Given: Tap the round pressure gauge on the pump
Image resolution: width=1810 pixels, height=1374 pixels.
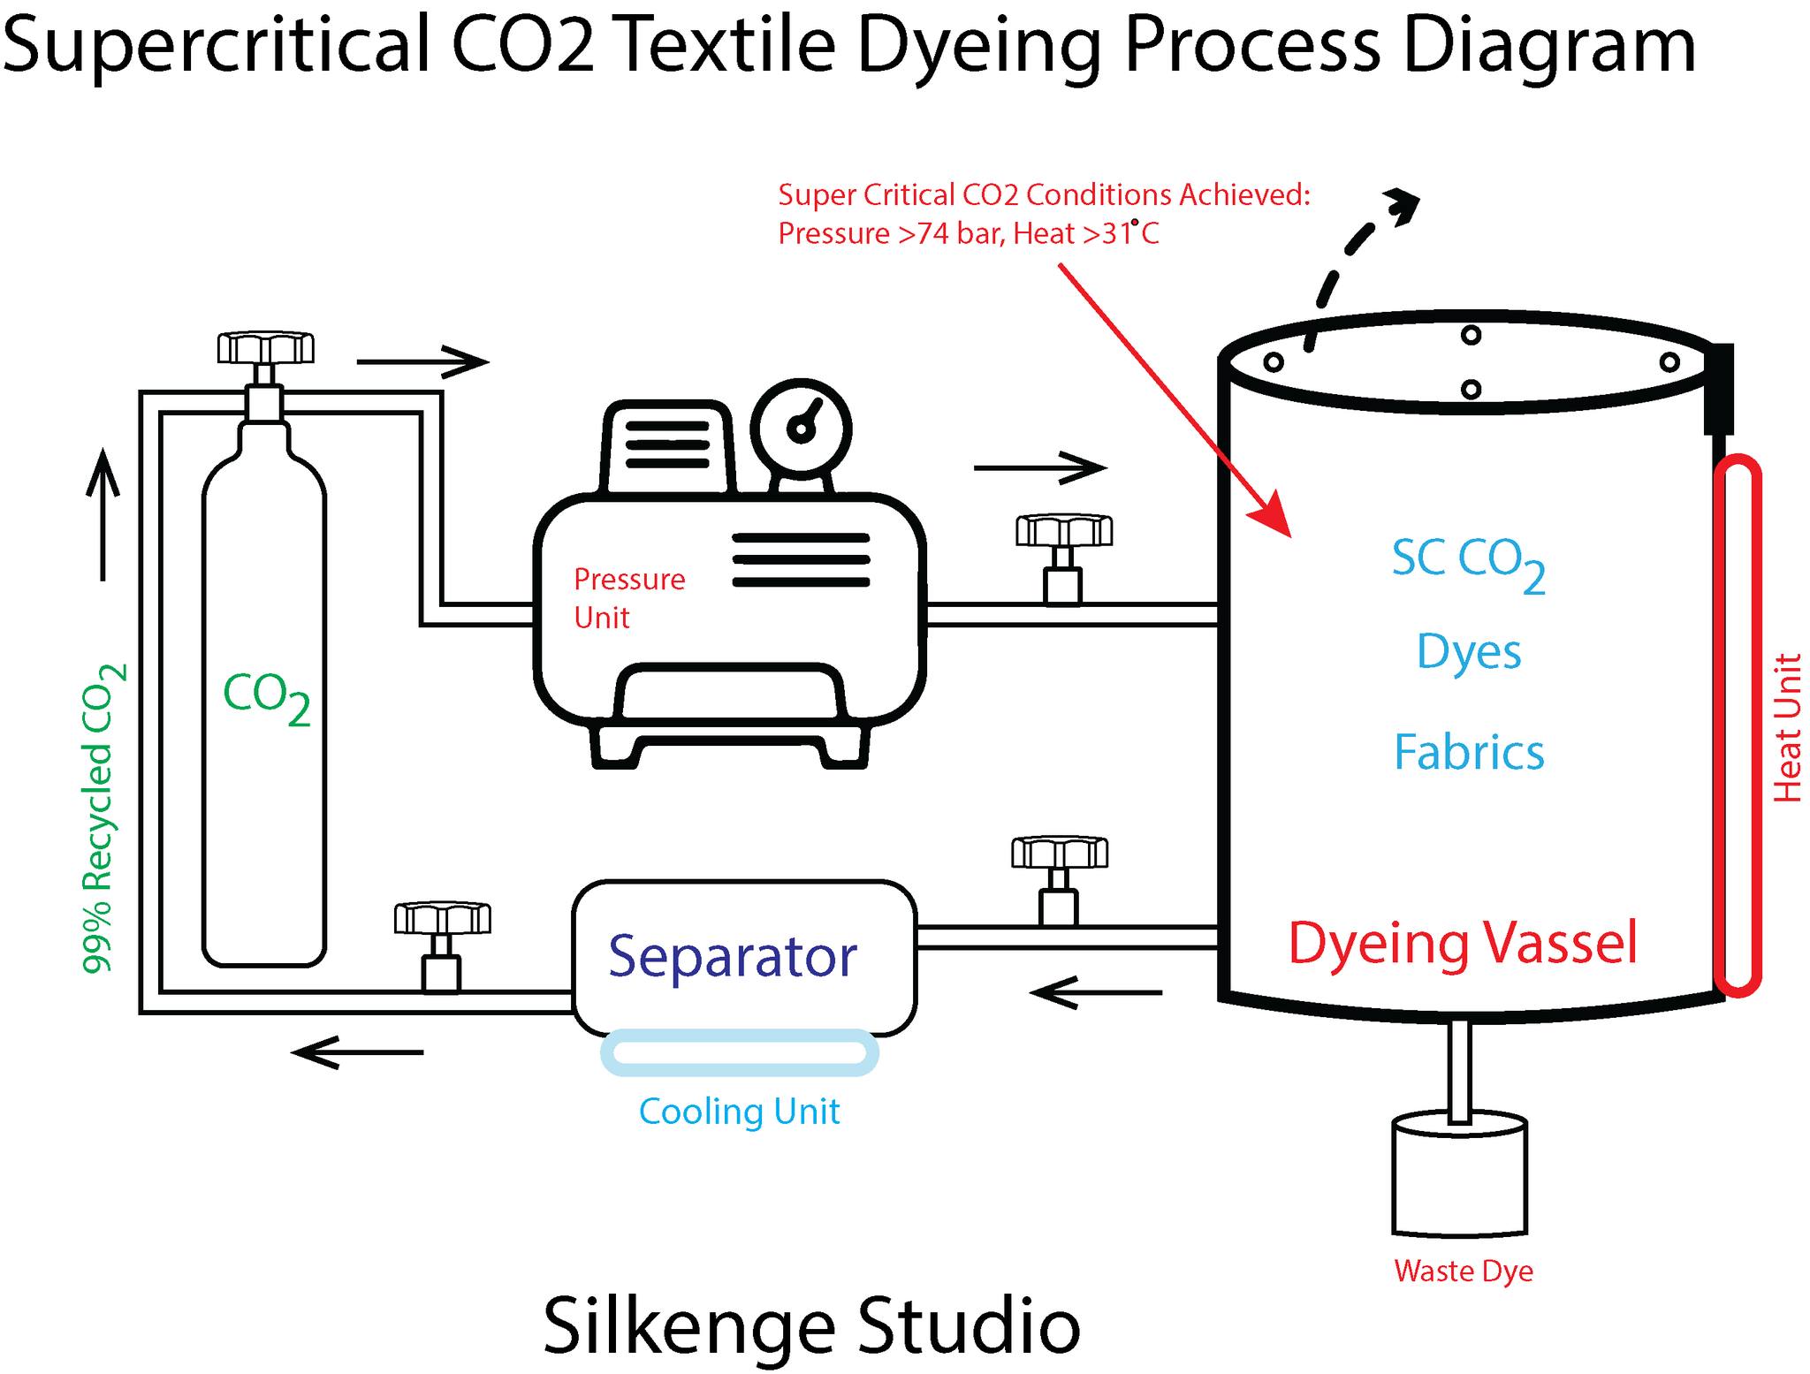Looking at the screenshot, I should (801, 429).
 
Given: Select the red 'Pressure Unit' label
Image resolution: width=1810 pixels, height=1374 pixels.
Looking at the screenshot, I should (628, 598).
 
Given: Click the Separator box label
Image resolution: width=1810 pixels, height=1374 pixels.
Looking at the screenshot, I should (733, 956).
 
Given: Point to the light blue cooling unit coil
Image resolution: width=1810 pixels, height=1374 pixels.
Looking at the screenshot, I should (740, 1052).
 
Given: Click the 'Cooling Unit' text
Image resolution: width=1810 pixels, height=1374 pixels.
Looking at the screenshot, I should (739, 1112).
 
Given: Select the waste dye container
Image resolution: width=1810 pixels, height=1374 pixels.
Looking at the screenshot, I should (1459, 1177).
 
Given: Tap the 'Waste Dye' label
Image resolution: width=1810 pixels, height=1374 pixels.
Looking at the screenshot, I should (1463, 1271).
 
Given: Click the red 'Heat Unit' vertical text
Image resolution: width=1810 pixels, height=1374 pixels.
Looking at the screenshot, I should (1787, 727).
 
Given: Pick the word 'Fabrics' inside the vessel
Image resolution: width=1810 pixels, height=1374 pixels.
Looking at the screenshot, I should (1469, 753).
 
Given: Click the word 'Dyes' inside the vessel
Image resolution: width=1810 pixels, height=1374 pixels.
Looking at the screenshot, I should (1469, 652).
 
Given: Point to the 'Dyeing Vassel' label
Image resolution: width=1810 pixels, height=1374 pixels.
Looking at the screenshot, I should (1463, 943).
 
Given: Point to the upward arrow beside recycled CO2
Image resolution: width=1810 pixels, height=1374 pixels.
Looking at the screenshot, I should (103, 512).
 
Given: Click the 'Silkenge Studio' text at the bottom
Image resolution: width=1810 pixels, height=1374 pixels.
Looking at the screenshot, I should (811, 1325).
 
